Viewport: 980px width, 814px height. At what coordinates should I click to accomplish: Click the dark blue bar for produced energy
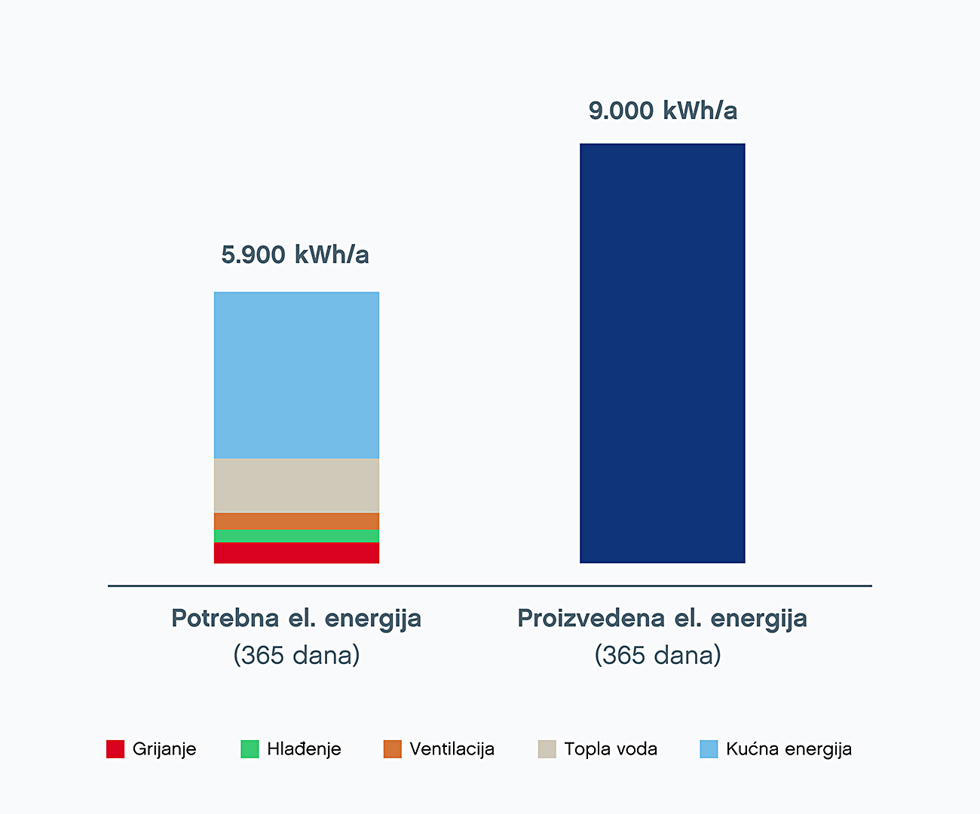tap(662, 353)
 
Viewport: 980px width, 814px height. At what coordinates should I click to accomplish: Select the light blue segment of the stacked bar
tap(296, 375)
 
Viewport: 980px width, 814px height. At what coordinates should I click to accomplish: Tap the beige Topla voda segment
tap(296, 485)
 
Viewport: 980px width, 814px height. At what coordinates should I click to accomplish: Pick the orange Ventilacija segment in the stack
tap(296, 522)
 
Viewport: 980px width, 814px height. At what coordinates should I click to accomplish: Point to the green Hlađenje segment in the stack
tap(296, 536)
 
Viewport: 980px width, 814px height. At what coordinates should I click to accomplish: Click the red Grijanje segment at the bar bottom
tap(296, 552)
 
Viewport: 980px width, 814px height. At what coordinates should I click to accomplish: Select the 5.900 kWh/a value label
tap(295, 255)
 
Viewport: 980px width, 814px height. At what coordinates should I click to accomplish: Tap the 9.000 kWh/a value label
tap(663, 111)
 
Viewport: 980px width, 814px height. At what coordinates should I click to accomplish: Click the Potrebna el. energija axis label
tap(296, 619)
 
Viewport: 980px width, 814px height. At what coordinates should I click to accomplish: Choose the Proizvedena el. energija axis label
tap(662, 619)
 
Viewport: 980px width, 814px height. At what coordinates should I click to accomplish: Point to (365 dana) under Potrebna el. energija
tap(296, 655)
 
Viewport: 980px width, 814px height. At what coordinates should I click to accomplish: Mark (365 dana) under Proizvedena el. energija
tap(657, 655)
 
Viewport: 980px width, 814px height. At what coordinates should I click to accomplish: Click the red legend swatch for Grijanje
tap(115, 749)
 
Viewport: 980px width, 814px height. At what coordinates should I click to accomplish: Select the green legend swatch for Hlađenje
tap(250, 749)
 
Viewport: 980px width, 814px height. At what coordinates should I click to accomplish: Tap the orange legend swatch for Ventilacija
tap(392, 749)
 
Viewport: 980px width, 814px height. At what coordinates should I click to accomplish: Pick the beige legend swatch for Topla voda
tap(547, 749)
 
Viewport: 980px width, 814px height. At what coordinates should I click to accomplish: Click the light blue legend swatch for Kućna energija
tap(709, 749)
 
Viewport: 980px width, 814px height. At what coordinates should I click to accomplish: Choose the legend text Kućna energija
tap(789, 749)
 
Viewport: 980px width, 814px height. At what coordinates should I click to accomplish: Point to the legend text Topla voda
tap(611, 749)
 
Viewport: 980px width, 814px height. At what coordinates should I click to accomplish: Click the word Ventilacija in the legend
tap(452, 749)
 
